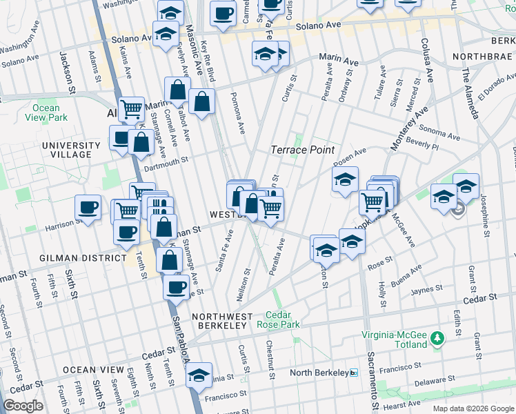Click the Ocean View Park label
(x=46, y=112)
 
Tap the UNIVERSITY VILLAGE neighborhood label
(x=66, y=150)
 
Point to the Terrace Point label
(x=302, y=150)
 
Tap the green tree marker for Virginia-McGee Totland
(x=436, y=338)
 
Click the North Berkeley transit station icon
(x=354, y=373)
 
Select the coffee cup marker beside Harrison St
(x=88, y=207)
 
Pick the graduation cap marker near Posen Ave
(x=345, y=180)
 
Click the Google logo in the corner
(x=23, y=406)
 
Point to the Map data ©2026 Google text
(x=473, y=408)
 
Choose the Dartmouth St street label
(x=166, y=161)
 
